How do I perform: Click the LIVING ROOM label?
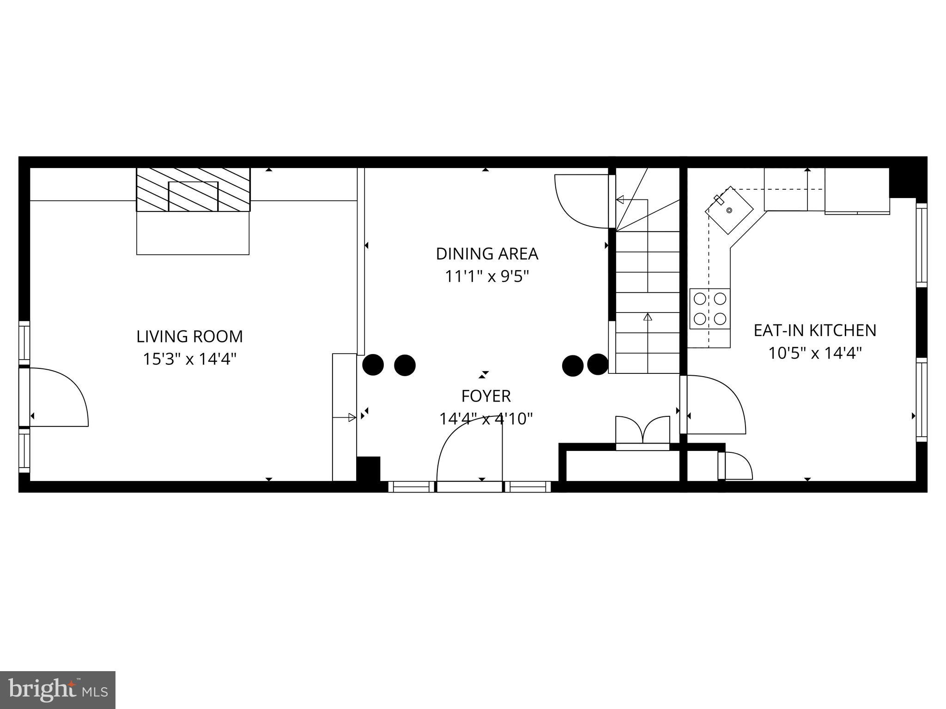(189, 336)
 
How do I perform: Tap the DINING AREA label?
(487, 254)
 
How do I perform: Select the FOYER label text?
(486, 396)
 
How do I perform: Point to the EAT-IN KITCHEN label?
(815, 330)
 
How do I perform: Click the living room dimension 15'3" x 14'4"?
(189, 359)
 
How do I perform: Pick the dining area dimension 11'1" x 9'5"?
(487, 276)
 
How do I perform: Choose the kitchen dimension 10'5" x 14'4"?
(815, 353)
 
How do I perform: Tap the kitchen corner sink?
(729, 210)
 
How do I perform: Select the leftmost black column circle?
(373, 365)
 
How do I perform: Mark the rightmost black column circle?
(598, 364)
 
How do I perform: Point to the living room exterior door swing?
(60, 397)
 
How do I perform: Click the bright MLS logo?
(58, 690)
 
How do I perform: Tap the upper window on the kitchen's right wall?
(922, 245)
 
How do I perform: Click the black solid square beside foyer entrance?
(369, 469)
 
